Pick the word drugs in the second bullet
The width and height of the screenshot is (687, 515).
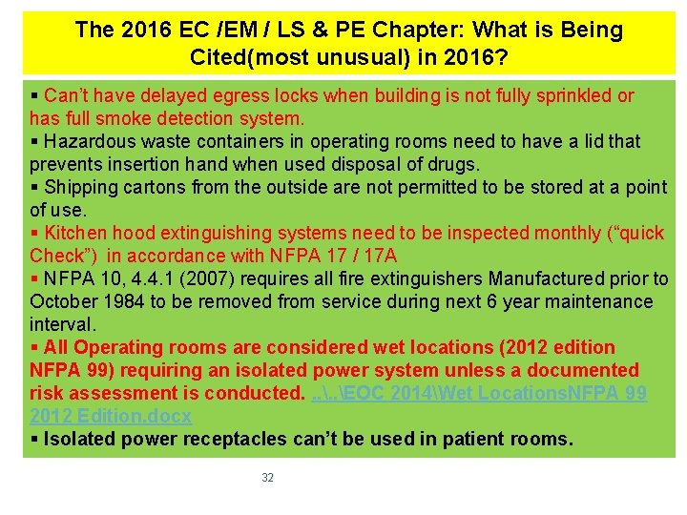[x=454, y=164]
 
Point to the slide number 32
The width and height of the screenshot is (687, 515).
[x=267, y=478]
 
